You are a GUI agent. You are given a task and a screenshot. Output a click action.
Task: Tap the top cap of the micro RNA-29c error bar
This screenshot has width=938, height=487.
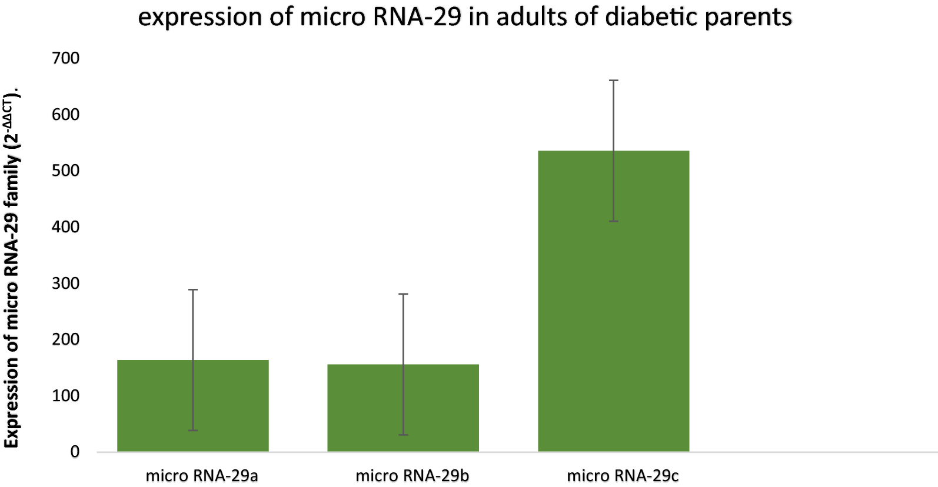click(x=613, y=81)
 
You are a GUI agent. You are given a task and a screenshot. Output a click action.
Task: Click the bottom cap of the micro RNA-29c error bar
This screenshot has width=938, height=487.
click(x=613, y=221)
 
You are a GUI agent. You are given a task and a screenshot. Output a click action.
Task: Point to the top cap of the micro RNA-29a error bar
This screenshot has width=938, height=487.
click(x=193, y=290)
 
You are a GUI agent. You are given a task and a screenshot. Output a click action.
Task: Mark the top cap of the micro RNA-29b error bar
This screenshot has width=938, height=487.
click(x=403, y=294)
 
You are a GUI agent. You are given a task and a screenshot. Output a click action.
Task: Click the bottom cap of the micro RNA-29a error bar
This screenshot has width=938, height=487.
click(x=193, y=431)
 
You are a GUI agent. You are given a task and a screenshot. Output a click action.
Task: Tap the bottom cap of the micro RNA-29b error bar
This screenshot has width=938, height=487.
click(x=403, y=435)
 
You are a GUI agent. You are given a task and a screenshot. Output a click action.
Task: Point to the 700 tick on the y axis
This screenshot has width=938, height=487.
click(x=66, y=58)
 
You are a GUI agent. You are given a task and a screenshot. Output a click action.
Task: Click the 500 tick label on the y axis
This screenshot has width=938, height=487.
click(x=66, y=171)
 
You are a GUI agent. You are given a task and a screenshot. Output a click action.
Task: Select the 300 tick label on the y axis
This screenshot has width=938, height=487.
click(x=66, y=283)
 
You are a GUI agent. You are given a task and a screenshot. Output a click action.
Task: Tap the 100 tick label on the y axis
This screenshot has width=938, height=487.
click(x=66, y=396)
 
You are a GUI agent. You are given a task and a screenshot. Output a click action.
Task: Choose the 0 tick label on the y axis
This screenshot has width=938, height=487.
click(x=75, y=452)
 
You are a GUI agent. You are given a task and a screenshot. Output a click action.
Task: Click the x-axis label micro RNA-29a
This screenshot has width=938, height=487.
click(x=202, y=476)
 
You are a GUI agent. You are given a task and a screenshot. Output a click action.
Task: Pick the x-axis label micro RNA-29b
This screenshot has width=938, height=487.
click(x=412, y=476)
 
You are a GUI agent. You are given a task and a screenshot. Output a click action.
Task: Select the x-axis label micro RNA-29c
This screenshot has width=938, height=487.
click(x=623, y=476)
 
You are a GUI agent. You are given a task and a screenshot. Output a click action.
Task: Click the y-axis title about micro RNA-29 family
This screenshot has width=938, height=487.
click(x=12, y=268)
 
